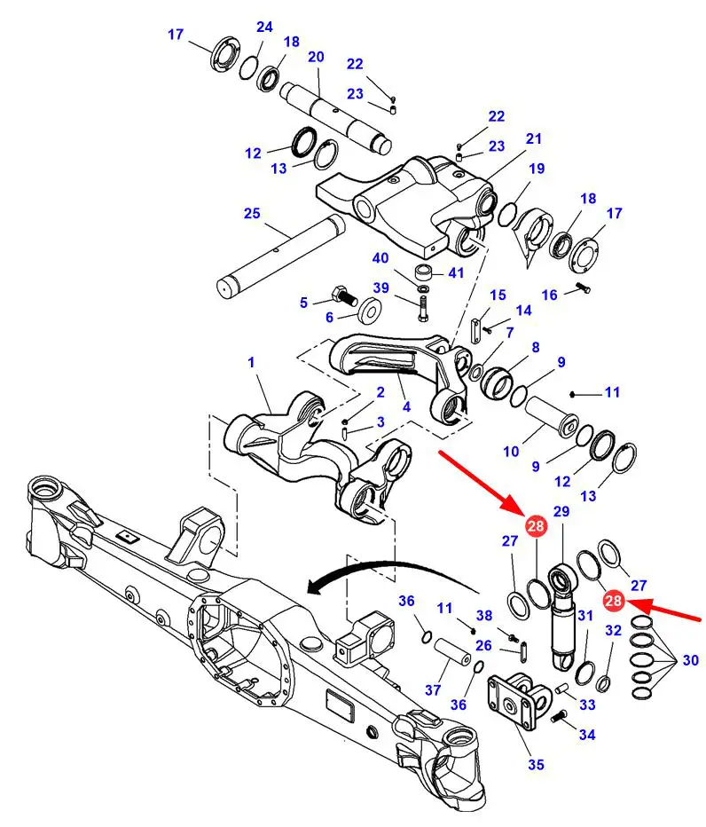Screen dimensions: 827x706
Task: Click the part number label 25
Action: tap(252, 213)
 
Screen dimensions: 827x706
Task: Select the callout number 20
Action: tap(316, 58)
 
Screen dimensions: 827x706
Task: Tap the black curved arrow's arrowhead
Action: tap(310, 587)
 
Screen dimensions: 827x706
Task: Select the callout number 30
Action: tap(690, 660)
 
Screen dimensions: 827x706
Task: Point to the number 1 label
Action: tap(251, 362)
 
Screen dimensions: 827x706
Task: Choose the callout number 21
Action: tap(533, 139)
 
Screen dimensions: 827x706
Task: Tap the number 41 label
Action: tap(456, 273)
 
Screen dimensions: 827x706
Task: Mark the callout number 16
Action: tap(550, 295)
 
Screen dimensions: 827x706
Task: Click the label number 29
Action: tap(561, 512)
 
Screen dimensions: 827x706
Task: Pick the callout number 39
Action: tap(380, 288)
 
